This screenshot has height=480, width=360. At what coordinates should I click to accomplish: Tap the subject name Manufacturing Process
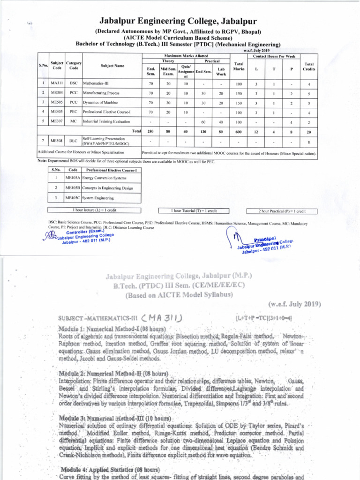pos(101,93)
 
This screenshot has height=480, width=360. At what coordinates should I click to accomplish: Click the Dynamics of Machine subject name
pos(100,103)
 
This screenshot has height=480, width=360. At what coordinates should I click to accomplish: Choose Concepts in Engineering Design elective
pos(107,188)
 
